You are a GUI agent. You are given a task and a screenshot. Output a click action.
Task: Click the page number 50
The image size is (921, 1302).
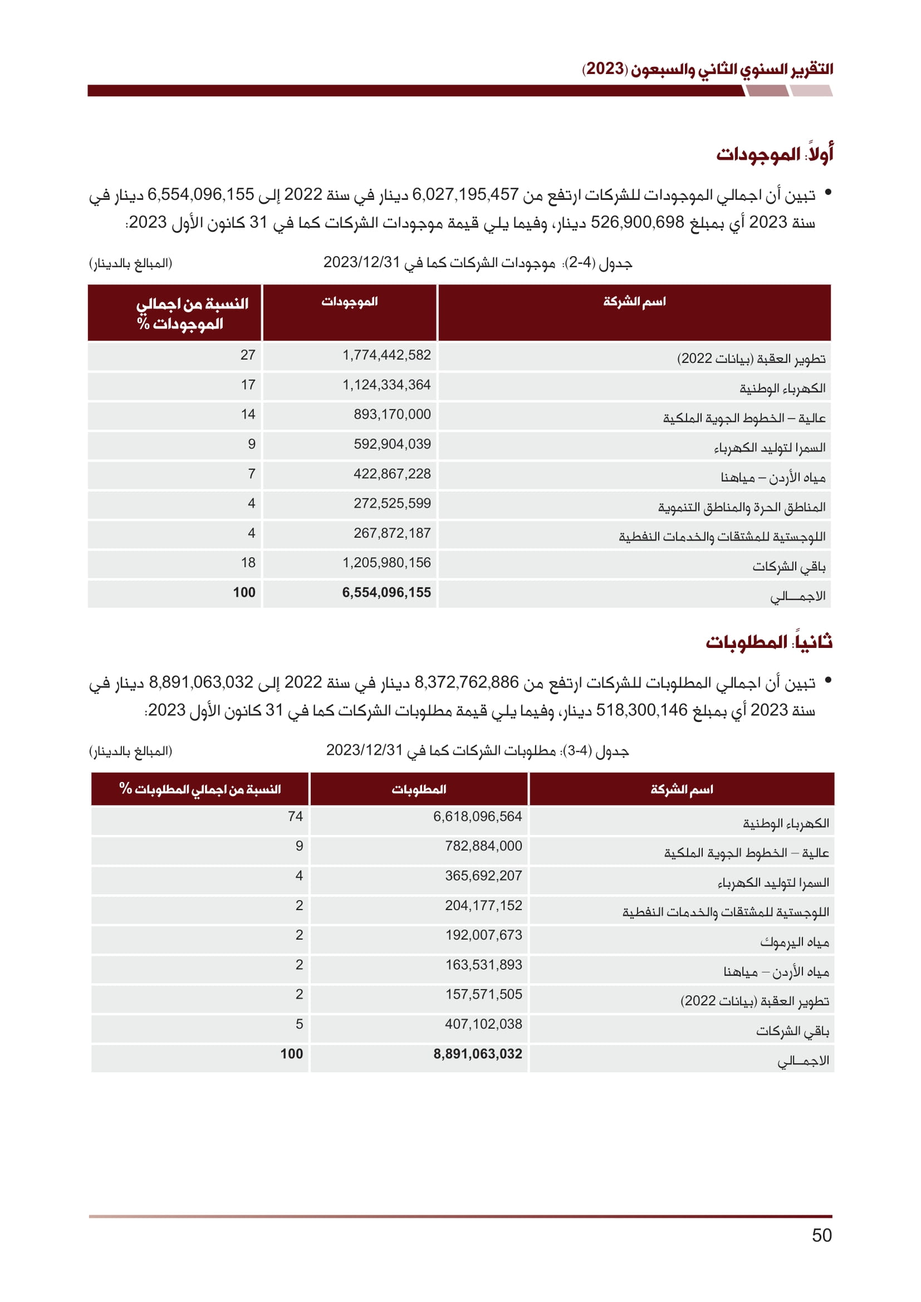coord(821,1235)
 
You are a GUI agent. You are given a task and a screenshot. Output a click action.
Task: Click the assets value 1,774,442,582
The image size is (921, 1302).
coord(386,355)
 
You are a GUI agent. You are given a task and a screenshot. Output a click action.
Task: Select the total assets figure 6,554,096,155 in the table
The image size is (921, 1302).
coord(386,593)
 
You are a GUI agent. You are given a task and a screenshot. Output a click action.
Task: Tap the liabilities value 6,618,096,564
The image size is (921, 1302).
coord(478,817)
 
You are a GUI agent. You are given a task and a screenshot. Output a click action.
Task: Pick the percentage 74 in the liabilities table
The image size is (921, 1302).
coord(295,817)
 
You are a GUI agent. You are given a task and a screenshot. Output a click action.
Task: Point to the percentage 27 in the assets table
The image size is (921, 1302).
coord(248,355)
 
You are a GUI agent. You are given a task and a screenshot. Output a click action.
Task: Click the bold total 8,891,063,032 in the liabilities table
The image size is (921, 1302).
coord(478,1054)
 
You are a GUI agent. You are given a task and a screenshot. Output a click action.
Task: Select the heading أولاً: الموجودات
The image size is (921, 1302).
coord(774,154)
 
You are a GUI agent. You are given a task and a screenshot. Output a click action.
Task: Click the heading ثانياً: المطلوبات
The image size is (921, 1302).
coord(769,642)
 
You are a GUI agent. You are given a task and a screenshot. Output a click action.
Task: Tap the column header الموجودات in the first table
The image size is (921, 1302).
coord(349,302)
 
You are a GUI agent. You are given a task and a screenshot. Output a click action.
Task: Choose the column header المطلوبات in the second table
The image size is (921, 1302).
coord(419,789)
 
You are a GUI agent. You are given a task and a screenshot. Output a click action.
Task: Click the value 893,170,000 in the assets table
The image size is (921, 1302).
coord(392,415)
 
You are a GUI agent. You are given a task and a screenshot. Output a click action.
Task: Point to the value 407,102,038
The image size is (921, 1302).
coord(483,1024)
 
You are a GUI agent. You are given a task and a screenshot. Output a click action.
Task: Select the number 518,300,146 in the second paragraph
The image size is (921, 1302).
coord(641,710)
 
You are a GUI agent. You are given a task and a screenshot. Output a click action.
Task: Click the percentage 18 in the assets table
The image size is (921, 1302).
coord(248,563)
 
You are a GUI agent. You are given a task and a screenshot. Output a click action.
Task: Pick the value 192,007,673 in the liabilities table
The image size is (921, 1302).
coord(483,935)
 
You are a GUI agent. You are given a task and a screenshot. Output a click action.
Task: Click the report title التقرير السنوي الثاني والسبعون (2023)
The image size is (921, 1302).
coord(707,69)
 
